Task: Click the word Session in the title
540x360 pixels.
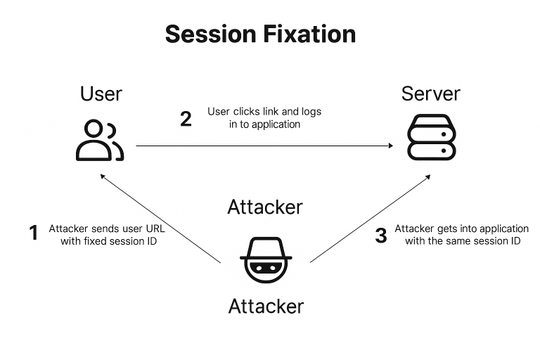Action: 208,34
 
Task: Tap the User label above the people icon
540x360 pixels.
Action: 101,94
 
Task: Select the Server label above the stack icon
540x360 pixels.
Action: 430,94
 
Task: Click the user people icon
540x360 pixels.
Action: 100,140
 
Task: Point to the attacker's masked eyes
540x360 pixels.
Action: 265,268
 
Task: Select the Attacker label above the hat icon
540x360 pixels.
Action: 265,207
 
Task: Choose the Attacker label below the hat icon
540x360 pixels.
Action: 266,307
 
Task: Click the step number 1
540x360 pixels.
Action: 33,233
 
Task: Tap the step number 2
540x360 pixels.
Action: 186,119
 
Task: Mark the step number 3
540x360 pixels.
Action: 380,236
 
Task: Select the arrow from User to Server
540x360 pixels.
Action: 264,146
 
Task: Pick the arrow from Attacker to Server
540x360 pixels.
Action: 369,219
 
